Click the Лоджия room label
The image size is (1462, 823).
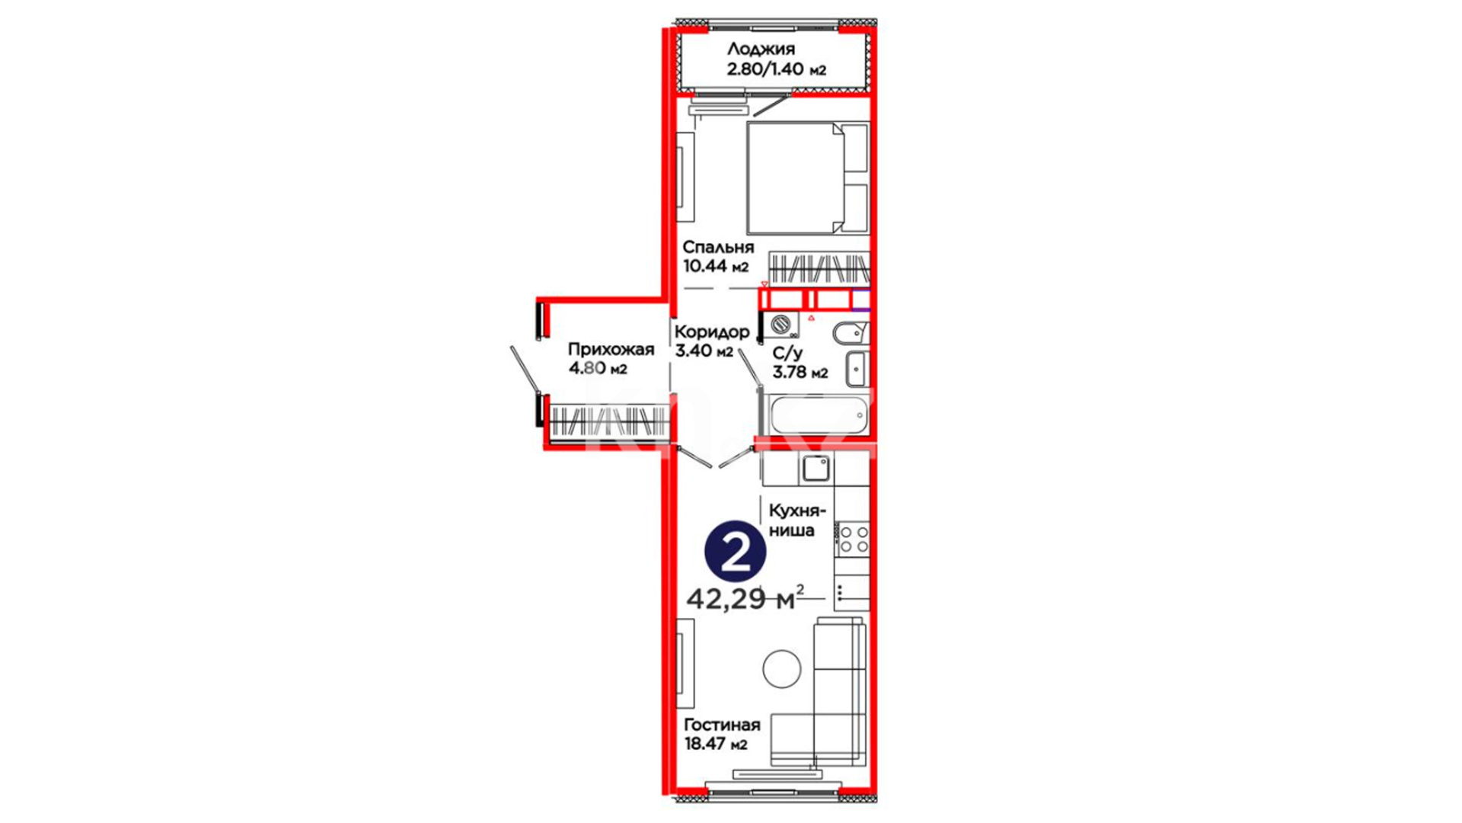[761, 49]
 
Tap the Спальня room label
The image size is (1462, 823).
[718, 247]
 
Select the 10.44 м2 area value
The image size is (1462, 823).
[716, 267]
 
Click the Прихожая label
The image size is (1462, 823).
[611, 350]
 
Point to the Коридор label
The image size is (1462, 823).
[712, 332]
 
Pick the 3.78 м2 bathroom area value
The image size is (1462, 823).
[800, 373]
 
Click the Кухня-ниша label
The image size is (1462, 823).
[797, 520]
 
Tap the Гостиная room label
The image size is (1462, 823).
[722, 725]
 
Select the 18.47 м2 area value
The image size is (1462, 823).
[716, 744]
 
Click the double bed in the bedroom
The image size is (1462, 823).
[808, 178]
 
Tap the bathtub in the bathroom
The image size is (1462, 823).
[819, 415]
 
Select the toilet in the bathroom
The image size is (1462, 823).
[851, 333]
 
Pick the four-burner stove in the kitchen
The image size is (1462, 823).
[853, 538]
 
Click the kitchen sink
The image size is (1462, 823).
[816, 468]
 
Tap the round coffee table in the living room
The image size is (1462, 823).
[782, 669]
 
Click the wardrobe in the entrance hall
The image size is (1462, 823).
[608, 421]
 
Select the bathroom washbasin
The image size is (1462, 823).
[857, 369]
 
